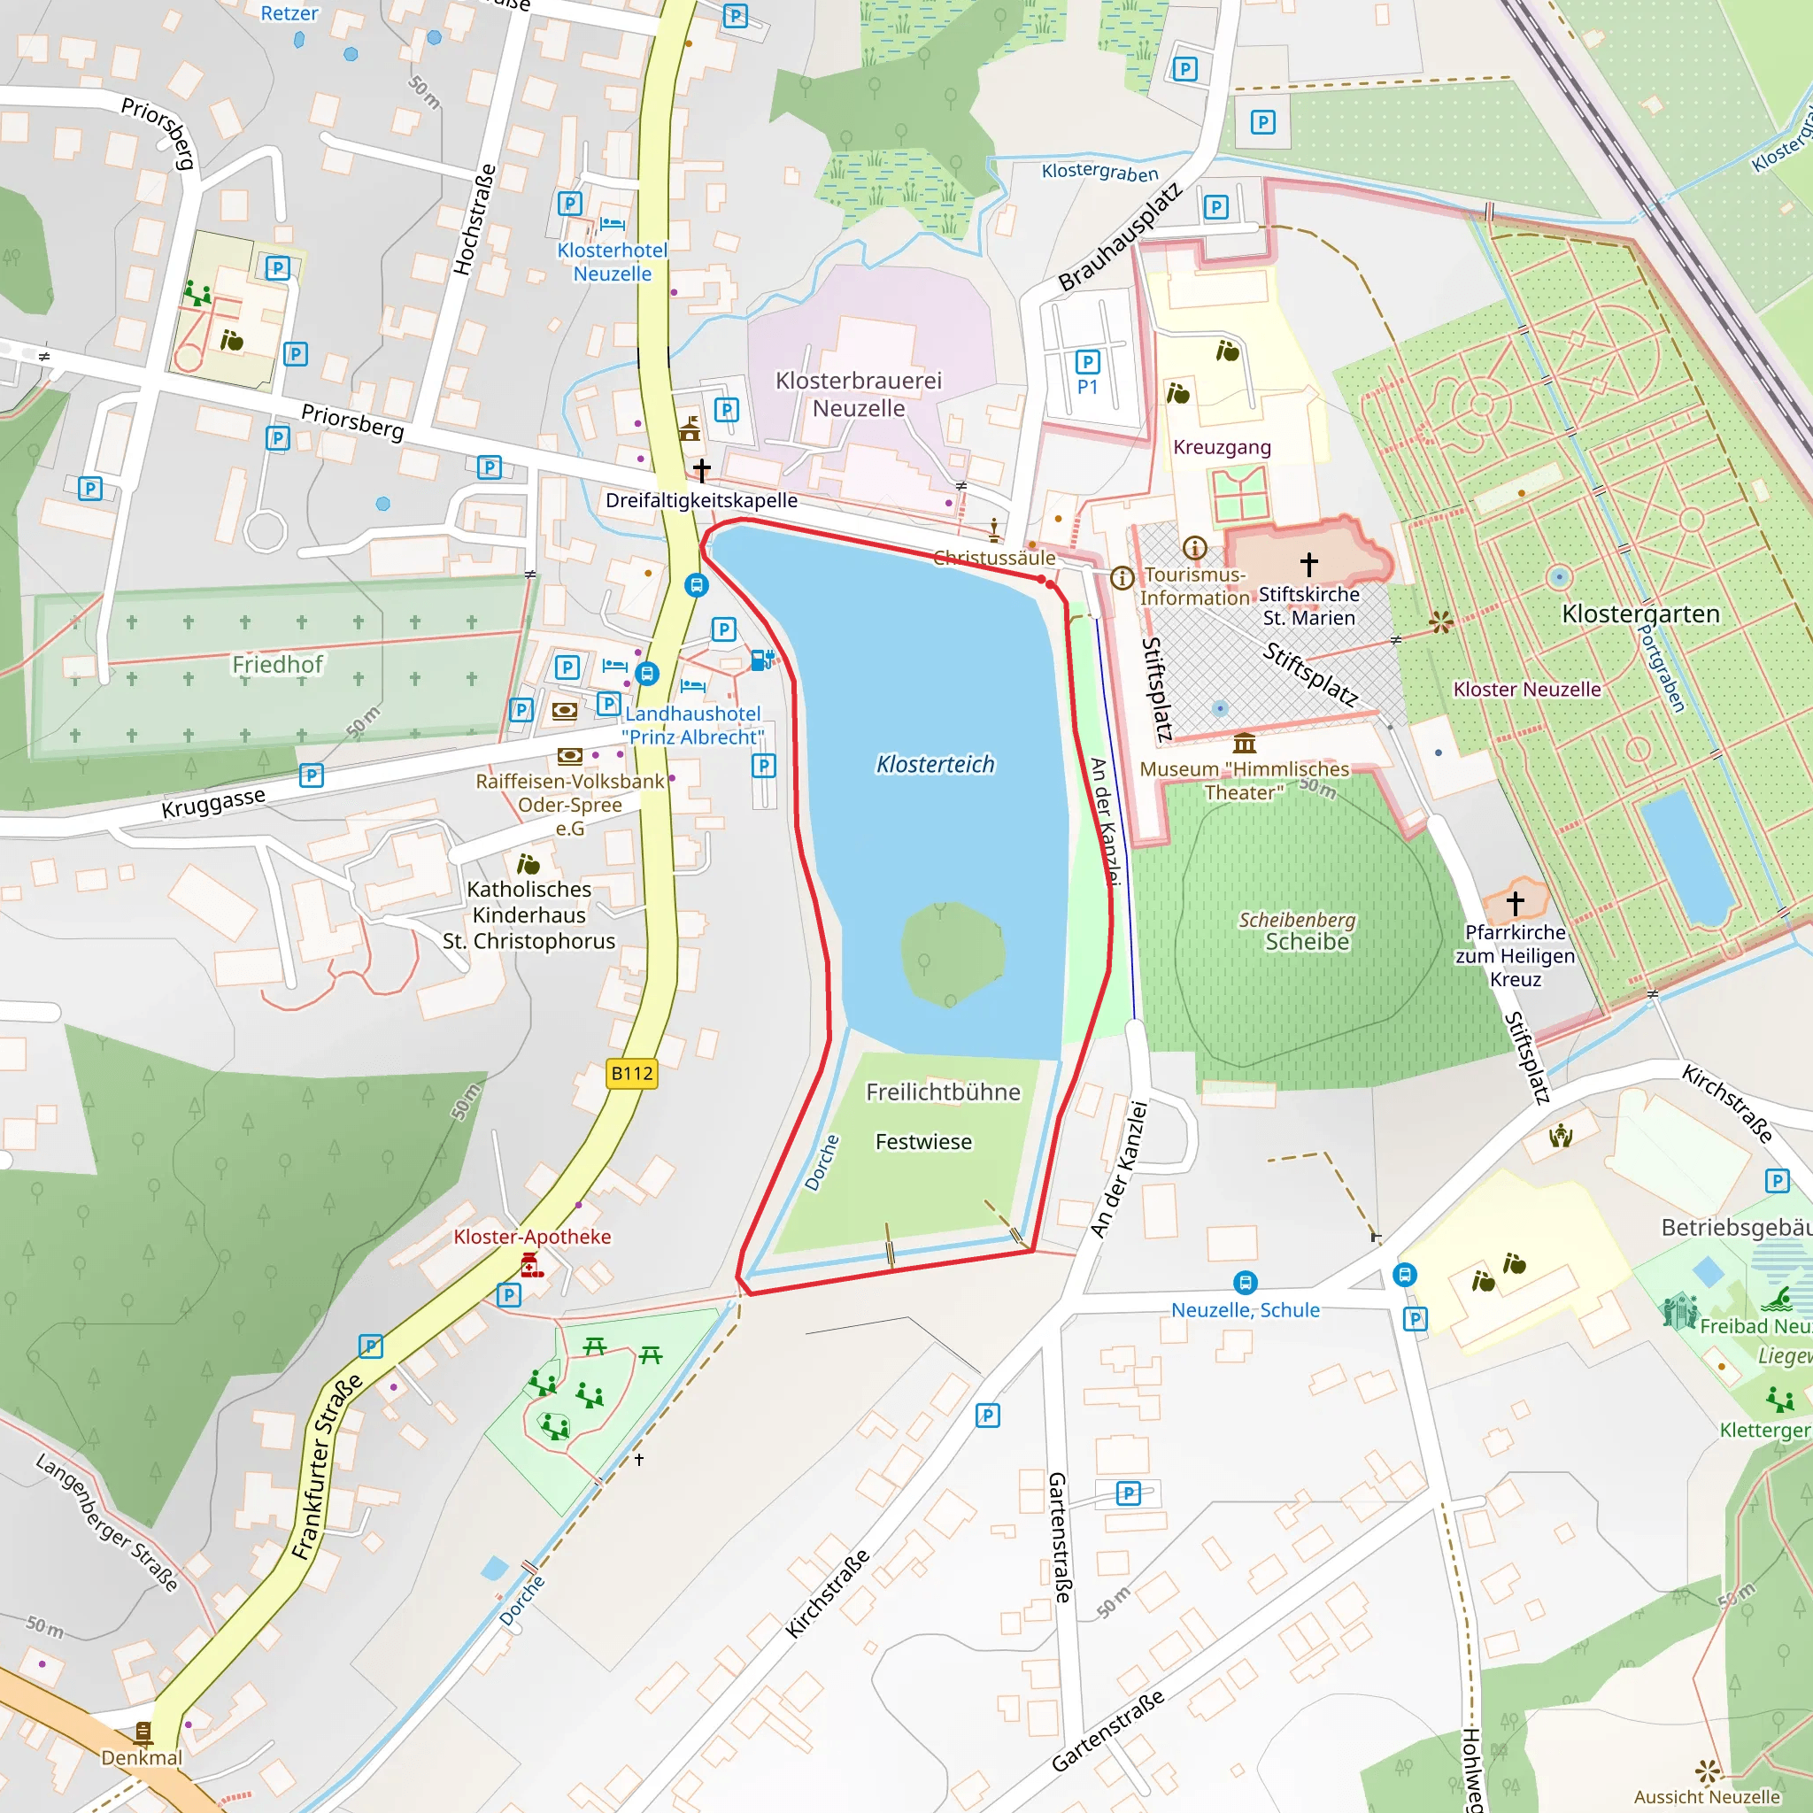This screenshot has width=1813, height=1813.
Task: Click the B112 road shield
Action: (631, 1074)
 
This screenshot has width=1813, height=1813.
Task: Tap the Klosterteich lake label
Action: (935, 765)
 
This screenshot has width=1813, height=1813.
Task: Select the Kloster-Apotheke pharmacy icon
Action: (531, 1266)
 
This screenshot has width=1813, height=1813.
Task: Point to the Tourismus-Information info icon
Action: (1122, 578)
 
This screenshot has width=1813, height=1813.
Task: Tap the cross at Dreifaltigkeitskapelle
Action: (701, 469)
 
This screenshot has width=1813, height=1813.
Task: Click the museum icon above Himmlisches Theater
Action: (1245, 744)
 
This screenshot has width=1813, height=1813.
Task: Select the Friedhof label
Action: (277, 665)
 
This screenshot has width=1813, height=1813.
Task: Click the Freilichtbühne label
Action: (942, 1092)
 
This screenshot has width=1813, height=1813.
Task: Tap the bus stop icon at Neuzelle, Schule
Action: (1245, 1283)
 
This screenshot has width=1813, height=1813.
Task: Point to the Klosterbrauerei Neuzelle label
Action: (858, 394)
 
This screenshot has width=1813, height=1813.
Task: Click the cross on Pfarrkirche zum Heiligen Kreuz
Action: (1515, 903)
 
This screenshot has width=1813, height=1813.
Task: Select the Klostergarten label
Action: (1640, 613)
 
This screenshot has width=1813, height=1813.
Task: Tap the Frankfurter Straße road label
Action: (326, 1468)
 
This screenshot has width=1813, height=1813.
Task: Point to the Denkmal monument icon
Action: (143, 1732)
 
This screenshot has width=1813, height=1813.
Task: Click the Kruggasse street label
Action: (213, 803)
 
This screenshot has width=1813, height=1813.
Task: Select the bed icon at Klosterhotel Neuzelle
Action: (612, 223)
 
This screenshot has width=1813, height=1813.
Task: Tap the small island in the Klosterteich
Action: (953, 953)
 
